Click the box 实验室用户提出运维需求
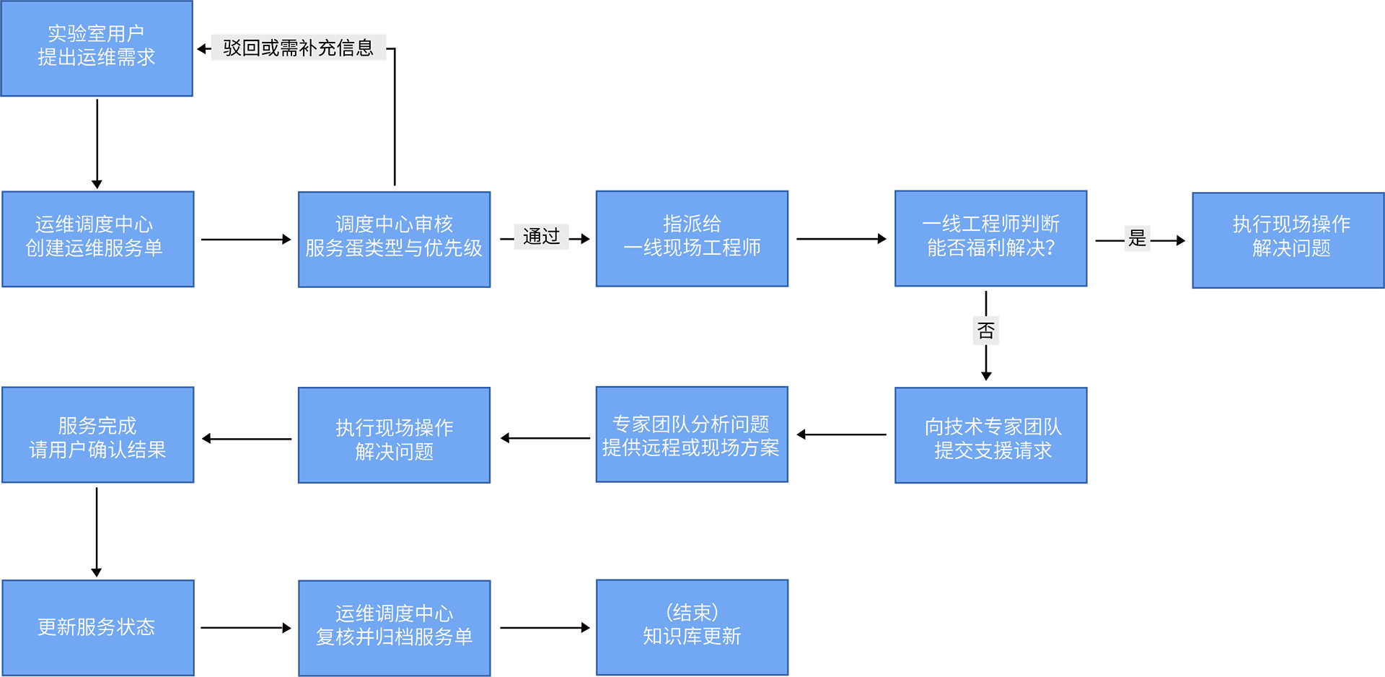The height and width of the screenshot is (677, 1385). tap(97, 48)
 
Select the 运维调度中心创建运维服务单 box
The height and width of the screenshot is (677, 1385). tap(97, 238)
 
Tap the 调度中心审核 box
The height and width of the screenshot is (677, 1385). tap(394, 238)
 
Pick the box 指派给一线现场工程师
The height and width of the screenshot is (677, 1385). tap(692, 238)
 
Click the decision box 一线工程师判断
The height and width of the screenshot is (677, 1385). tap(990, 238)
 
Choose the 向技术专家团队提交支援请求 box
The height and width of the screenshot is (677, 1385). tap(990, 435)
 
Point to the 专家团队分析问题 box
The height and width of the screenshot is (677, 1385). tap(692, 434)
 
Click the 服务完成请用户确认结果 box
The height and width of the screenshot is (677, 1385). tap(97, 435)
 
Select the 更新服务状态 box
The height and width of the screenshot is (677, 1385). tap(97, 627)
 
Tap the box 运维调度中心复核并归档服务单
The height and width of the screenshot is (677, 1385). tap(394, 627)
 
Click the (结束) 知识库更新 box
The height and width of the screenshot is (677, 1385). tap(692, 626)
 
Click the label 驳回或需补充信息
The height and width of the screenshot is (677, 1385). tap(298, 48)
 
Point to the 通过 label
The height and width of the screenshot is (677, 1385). tap(541, 237)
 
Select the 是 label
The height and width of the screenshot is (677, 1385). tap(1138, 238)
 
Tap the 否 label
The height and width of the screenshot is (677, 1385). tap(986, 331)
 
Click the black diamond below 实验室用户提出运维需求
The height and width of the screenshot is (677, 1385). tap(97, 143)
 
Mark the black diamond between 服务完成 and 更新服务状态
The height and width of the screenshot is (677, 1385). tap(97, 531)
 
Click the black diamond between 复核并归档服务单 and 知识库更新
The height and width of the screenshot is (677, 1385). tap(544, 627)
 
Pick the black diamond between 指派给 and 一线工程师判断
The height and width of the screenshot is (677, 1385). tap(841, 238)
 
